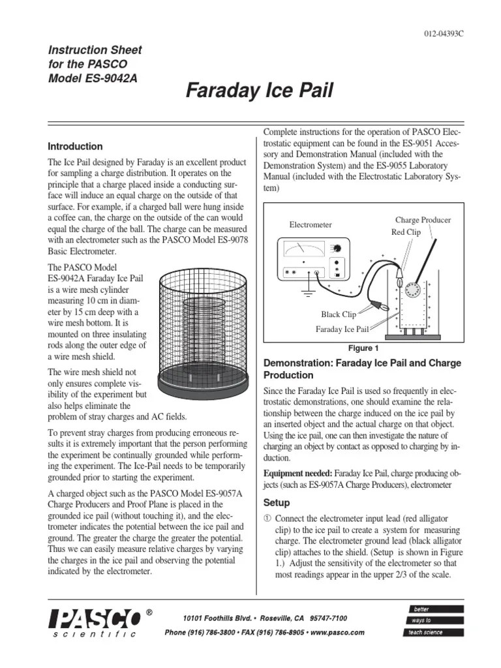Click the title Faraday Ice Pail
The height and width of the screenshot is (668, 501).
[x=260, y=91]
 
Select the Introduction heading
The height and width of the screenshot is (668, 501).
[x=76, y=146]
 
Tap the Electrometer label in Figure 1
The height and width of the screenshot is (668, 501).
[x=311, y=224]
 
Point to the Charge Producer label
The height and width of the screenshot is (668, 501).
[x=423, y=220]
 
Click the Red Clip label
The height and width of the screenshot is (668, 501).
[x=406, y=232]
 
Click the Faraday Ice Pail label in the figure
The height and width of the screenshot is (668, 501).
[x=342, y=329]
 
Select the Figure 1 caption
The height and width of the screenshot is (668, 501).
[x=363, y=348]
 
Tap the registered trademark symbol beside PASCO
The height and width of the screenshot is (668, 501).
[x=149, y=613]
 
